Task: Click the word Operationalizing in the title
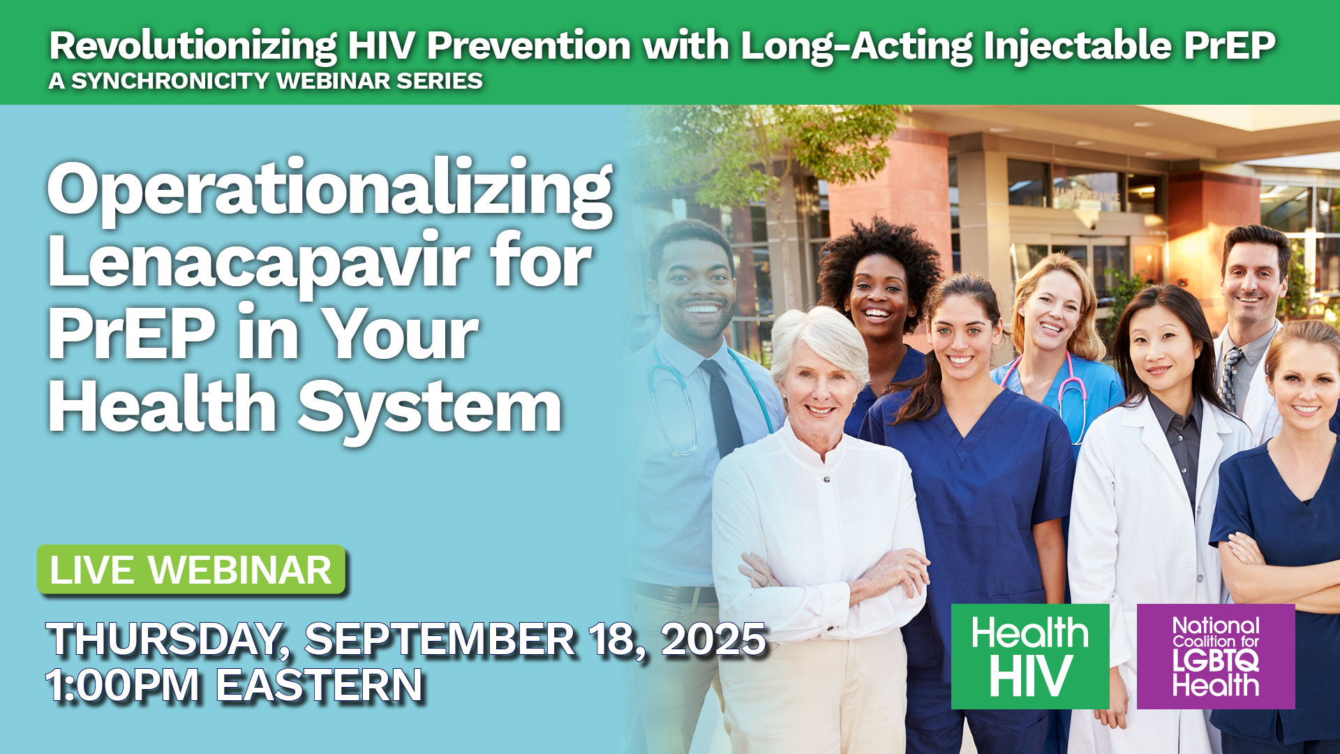330,191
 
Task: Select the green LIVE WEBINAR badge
191,570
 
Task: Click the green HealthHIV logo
1030,656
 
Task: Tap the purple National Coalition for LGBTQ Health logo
1216,656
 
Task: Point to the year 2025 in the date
713,639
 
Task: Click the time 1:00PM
123,685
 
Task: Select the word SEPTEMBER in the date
440,639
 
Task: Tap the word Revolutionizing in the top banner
193,47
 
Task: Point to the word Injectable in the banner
1078,47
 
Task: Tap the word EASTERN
319,685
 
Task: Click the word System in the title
431,407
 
